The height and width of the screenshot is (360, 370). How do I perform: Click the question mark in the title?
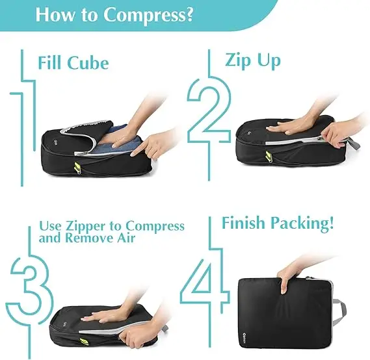tap(188, 14)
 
